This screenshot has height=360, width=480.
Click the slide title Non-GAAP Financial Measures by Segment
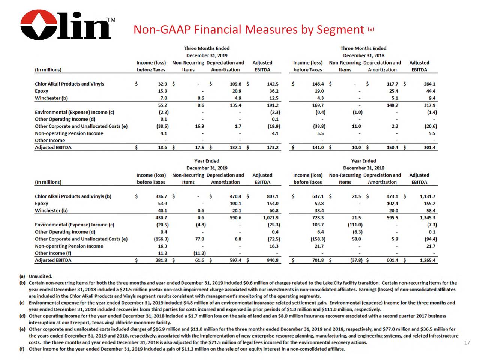point(249,30)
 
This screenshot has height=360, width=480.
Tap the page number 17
point(467,343)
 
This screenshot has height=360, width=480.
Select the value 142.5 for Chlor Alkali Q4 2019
point(273,84)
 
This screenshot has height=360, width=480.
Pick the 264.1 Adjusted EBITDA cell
point(429,84)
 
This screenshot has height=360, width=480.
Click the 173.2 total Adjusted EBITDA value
point(273,148)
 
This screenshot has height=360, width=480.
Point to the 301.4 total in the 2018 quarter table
point(429,148)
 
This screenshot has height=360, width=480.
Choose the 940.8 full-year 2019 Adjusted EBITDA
point(273,260)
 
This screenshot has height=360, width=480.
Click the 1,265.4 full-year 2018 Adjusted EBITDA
point(427,260)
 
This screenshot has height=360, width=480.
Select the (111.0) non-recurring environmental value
point(355,225)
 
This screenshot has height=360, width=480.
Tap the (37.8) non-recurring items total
point(355,260)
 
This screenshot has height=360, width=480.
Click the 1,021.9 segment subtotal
point(270,218)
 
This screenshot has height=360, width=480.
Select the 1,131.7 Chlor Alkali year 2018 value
point(427,196)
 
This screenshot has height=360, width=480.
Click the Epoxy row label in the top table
point(42,91)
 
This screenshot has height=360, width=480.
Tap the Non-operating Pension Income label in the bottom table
point(69,246)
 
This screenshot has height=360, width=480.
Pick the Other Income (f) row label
point(53,253)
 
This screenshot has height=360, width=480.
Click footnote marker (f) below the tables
point(22,349)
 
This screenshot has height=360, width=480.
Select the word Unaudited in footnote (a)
point(40,276)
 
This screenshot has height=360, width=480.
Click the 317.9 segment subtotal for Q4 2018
point(429,105)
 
